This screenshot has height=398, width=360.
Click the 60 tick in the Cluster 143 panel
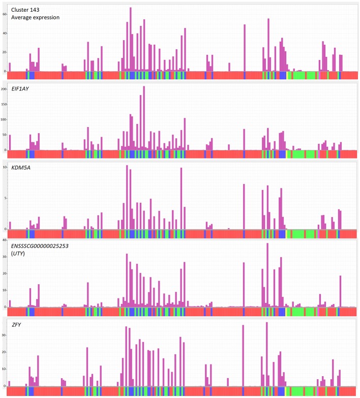(x=5, y=14)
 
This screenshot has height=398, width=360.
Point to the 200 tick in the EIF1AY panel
(x=5, y=89)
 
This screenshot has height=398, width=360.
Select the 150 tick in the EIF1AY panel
(x=5, y=104)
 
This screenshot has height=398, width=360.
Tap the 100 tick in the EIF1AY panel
(x=5, y=119)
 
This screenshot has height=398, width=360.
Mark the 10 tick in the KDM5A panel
(x=5, y=167)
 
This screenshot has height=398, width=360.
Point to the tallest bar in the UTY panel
(x=267, y=274)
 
